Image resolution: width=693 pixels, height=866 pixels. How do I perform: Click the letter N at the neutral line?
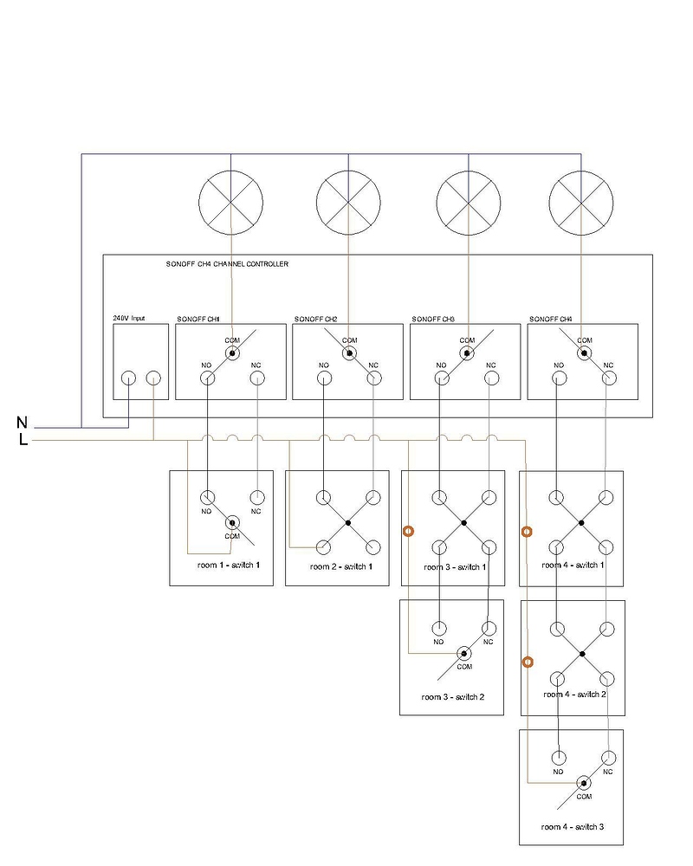tap(22, 423)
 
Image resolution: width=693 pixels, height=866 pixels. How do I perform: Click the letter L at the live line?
tap(23, 440)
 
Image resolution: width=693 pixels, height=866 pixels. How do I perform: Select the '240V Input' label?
tap(129, 318)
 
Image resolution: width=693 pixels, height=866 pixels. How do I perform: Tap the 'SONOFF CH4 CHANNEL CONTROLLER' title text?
tap(227, 264)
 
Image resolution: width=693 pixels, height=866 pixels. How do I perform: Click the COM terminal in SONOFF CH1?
tap(231, 353)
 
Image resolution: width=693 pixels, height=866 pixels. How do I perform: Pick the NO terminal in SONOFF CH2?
tap(324, 378)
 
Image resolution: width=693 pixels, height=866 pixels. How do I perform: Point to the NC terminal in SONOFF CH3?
tap(490, 378)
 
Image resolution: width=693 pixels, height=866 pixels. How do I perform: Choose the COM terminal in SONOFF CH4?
tap(584, 353)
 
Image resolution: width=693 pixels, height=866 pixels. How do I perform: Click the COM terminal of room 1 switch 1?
tap(232, 522)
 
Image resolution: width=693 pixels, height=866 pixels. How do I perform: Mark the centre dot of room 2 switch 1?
tap(347, 522)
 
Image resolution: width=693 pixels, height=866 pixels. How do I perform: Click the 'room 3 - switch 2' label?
tap(452, 696)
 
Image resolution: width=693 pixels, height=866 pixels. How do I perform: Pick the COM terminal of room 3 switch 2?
tap(464, 653)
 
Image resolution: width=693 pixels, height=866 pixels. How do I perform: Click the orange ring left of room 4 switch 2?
tap(527, 662)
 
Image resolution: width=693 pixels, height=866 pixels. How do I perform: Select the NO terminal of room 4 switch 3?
tap(559, 757)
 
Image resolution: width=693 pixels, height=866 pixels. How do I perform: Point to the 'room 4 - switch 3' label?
tap(572, 826)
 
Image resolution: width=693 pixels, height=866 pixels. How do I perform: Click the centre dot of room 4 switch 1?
tap(581, 523)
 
